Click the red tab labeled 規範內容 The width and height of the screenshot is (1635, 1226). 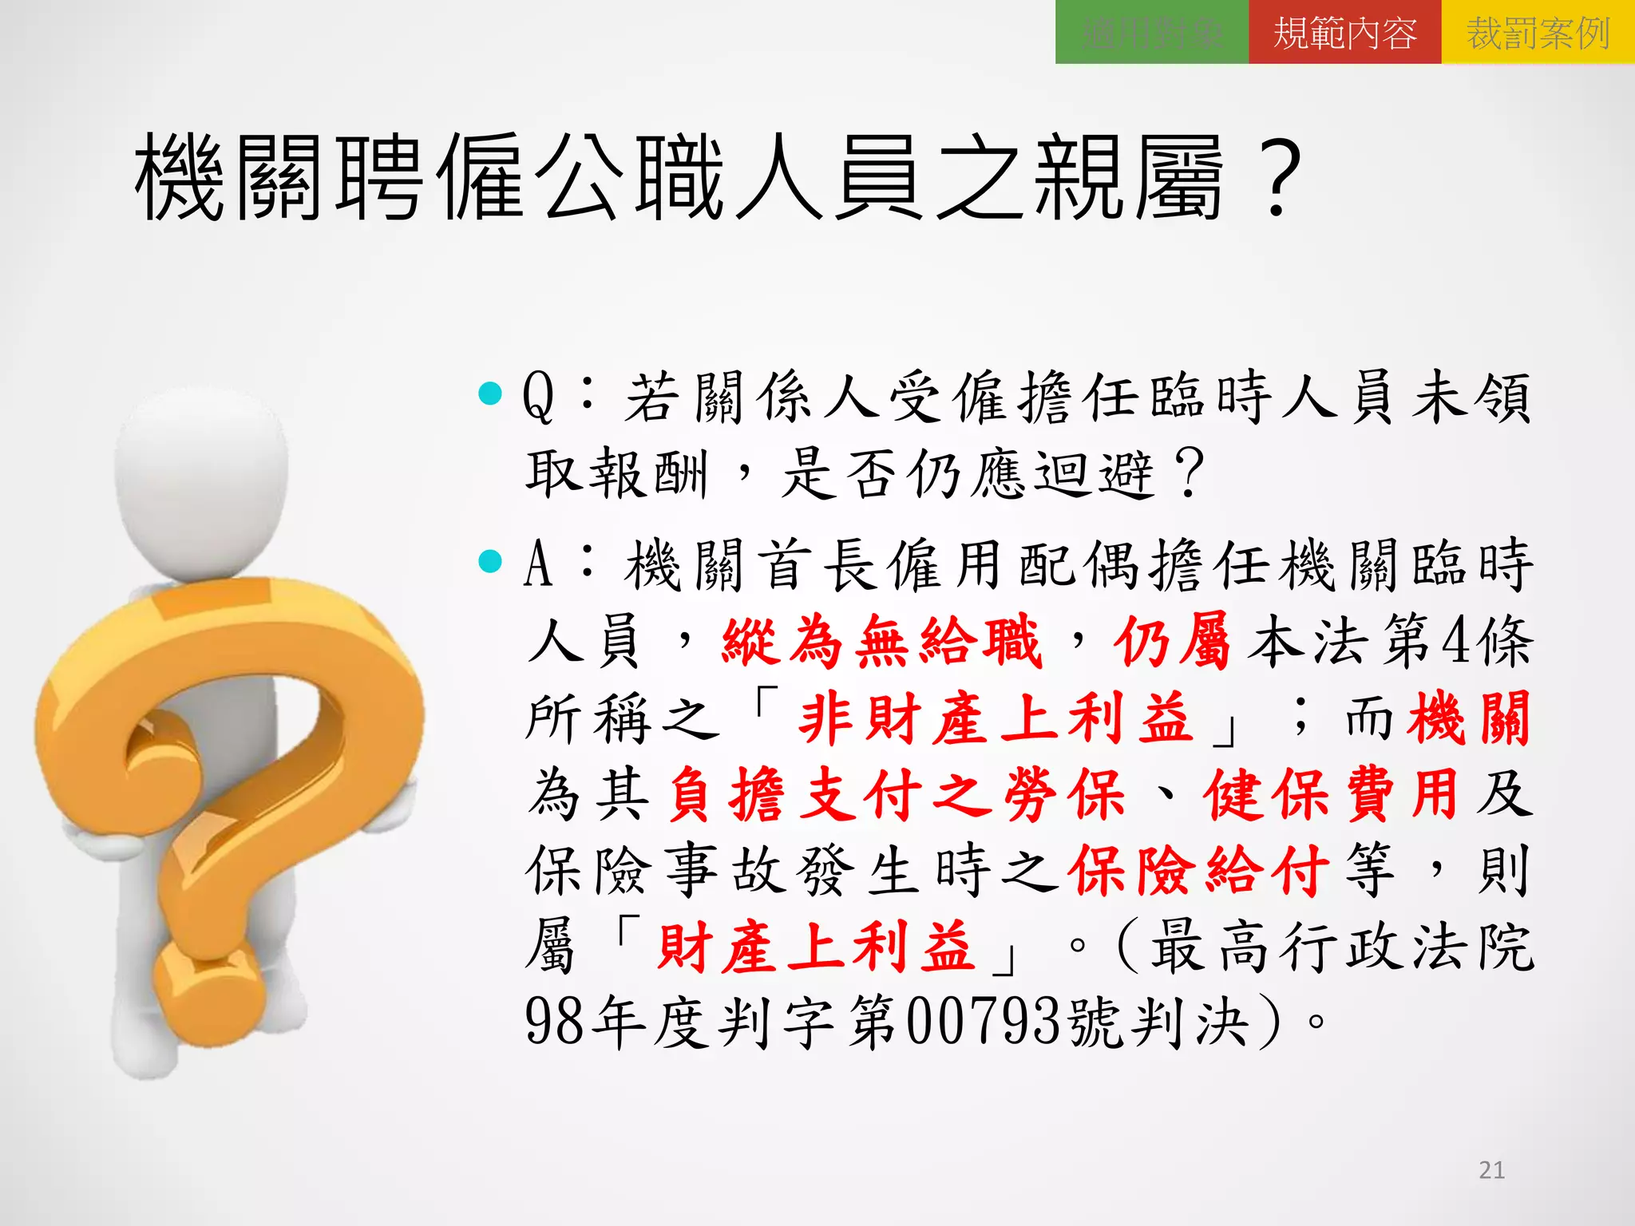point(1344,33)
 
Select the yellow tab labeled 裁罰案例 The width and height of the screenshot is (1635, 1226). point(1538,33)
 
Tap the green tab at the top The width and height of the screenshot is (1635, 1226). point(1151,33)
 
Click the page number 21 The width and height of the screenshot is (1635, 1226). point(1491,1170)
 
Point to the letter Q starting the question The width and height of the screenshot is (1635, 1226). point(538,397)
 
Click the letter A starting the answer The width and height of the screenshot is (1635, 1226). point(538,564)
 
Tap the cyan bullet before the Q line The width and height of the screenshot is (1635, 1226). point(489,393)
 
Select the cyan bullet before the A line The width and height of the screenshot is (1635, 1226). point(489,561)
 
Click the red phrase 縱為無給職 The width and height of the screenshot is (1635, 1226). point(881,641)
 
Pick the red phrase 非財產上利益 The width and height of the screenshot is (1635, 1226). point(996,718)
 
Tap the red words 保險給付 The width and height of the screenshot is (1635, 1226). point(1200,870)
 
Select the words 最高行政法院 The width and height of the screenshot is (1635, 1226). point(1341,947)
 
